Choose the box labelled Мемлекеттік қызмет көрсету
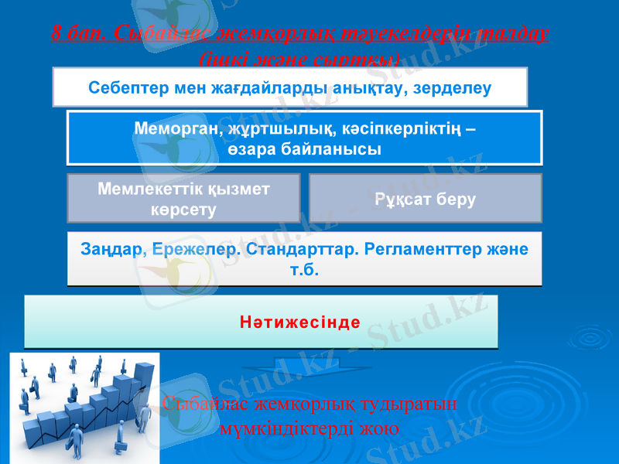(183, 197)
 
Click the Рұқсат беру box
(425, 198)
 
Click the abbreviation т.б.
(303, 271)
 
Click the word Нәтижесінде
(299, 322)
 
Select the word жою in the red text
(382, 428)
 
